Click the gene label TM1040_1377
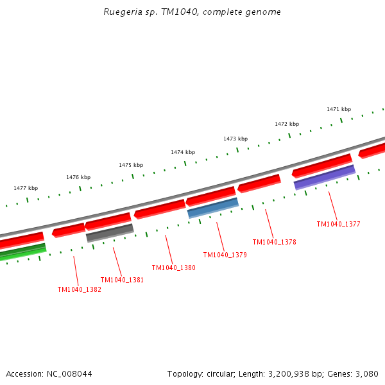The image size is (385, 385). click(x=338, y=225)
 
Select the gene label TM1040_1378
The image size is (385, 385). click(x=274, y=242)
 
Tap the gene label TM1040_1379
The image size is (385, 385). click(x=225, y=255)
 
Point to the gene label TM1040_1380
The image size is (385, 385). click(x=173, y=268)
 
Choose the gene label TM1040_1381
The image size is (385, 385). click(x=122, y=280)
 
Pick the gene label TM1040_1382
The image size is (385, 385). click(x=79, y=289)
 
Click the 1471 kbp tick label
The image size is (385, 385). click(x=339, y=109)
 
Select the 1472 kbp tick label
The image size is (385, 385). click(x=287, y=124)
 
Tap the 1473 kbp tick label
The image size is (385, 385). click(x=235, y=139)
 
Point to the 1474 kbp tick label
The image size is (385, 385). click(x=183, y=152)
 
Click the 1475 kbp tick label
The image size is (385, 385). click(x=131, y=165)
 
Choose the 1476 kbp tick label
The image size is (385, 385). click(x=78, y=177)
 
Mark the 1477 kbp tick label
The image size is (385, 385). click(x=26, y=188)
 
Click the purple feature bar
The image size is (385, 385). click(x=325, y=177)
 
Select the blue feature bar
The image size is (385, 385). click(x=213, y=208)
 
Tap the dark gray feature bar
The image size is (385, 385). click(x=110, y=233)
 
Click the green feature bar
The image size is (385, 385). click(x=22, y=252)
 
